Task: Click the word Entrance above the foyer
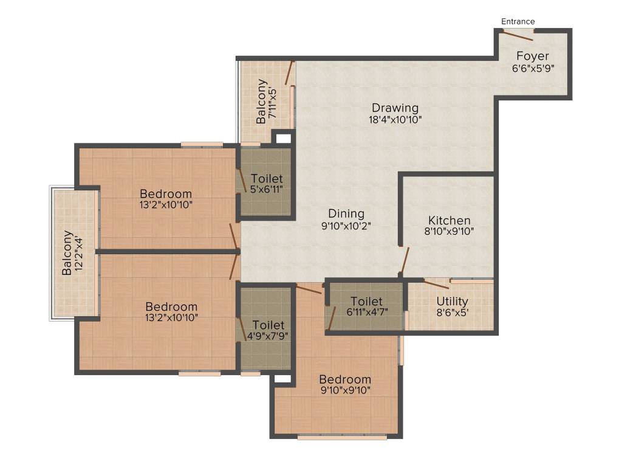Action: (518, 22)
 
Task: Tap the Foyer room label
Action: (532, 57)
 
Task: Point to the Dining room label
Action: (346, 213)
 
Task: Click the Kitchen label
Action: (449, 220)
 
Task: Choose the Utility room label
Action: (453, 301)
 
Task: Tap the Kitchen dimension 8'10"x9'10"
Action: (449, 231)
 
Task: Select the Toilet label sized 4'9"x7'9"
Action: (268, 325)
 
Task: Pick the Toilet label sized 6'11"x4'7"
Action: (366, 302)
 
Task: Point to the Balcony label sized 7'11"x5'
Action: (261, 102)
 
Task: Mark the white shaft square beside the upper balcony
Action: (282, 139)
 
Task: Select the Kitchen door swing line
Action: (404, 261)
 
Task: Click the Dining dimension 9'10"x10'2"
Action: (346, 225)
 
